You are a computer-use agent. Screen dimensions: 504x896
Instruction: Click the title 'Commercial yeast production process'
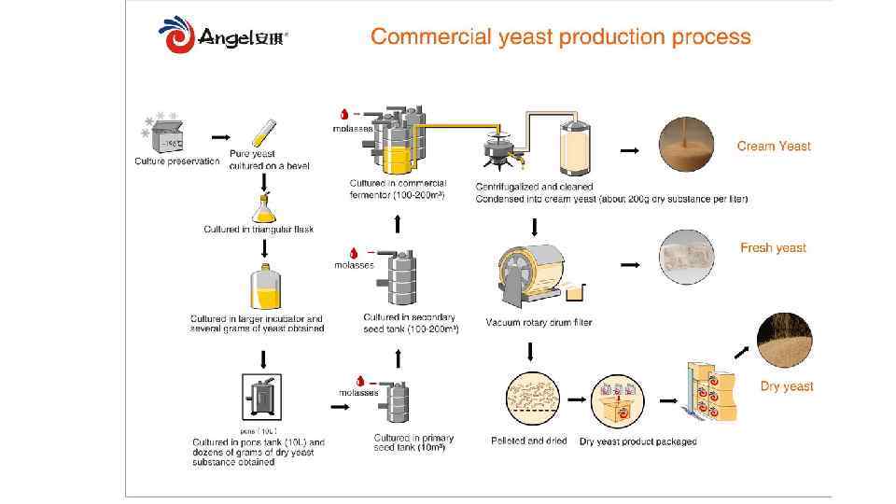point(560,37)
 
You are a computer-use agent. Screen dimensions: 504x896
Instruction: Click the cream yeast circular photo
point(686,145)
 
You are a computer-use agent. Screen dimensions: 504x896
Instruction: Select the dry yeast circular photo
point(784,341)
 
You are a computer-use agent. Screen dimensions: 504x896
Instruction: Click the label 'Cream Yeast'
point(774,146)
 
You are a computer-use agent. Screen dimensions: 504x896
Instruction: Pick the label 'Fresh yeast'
point(773,247)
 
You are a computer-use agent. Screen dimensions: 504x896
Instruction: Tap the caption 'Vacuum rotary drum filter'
point(539,323)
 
